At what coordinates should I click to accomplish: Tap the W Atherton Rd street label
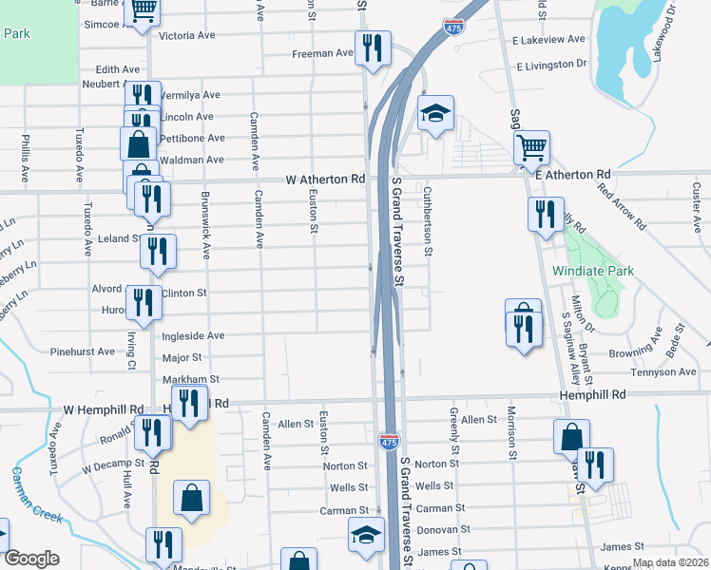tap(325, 179)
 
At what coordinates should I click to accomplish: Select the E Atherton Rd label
tap(571, 175)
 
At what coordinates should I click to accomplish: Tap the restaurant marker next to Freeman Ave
tap(372, 47)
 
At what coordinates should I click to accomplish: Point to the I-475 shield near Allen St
tap(389, 441)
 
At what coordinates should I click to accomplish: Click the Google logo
tap(32, 559)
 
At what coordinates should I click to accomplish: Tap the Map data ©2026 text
tap(670, 562)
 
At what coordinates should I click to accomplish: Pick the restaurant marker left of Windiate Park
tap(546, 215)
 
